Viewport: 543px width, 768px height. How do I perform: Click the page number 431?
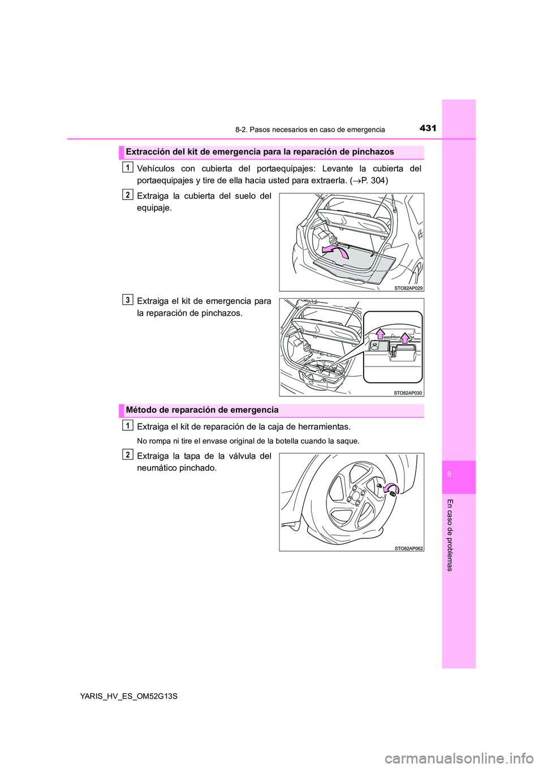428,128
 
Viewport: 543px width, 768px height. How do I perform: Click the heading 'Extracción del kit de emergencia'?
260,152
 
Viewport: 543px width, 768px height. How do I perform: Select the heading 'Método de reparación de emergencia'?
202,410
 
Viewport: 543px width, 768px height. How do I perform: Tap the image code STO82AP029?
408,288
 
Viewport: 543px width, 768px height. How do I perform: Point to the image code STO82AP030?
408,392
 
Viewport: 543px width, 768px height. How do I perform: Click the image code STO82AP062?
408,548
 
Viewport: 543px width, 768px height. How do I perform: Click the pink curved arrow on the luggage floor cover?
335,251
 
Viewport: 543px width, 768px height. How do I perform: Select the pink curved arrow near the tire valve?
391,488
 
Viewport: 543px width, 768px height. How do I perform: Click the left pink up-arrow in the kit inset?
380,334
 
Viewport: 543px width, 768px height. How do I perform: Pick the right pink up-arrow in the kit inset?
405,338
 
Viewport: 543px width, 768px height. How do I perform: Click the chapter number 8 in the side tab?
449,474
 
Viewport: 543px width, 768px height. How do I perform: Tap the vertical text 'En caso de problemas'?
450,535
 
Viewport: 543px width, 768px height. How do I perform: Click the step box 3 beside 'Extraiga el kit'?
128,300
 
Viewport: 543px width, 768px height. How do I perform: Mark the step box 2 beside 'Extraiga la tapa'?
128,455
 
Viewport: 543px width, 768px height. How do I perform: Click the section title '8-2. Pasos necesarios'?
310,130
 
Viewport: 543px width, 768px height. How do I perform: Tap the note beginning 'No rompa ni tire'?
248,441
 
